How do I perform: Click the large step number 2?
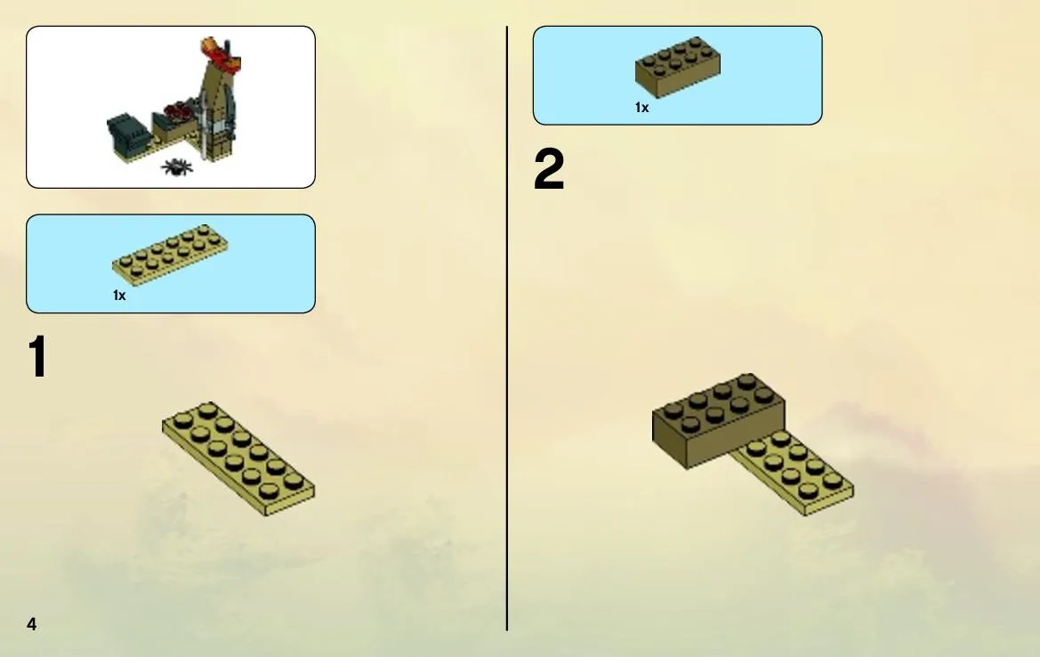tap(549, 169)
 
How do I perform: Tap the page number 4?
tap(31, 624)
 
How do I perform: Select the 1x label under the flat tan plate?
tap(119, 296)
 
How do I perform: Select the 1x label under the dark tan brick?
tap(641, 108)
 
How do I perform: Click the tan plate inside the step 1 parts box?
tap(170, 255)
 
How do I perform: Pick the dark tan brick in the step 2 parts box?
tap(677, 67)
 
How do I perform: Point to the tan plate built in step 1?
tap(238, 458)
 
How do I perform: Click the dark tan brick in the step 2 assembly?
tap(718, 421)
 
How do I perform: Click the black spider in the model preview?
tap(176, 166)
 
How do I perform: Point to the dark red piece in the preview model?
tap(179, 110)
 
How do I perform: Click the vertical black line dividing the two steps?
tap(507, 328)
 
